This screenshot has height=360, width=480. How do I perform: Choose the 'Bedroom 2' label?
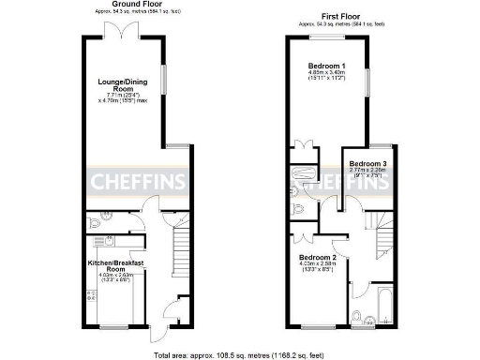pyautogui.click(x=318, y=257)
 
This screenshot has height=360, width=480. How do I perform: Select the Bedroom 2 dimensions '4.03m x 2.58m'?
pyautogui.click(x=318, y=265)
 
